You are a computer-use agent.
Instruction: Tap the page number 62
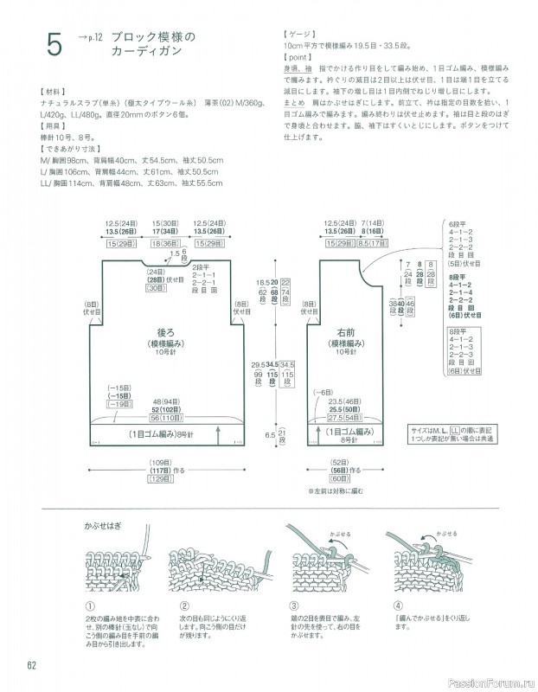(29, 663)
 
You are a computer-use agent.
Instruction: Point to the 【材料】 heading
(45, 91)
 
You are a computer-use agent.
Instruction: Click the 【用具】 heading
(45, 124)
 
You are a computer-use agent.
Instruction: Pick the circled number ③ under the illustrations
(295, 605)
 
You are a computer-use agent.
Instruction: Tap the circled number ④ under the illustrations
(398, 605)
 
